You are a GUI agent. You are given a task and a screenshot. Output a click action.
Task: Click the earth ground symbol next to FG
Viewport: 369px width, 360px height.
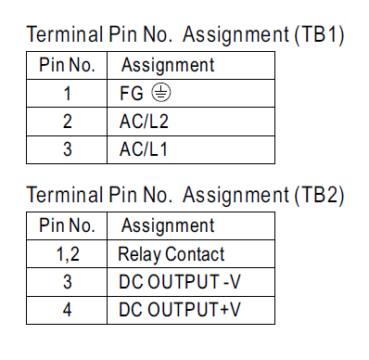(161, 93)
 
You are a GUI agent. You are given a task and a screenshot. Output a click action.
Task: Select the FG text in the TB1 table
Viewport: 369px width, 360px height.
(132, 93)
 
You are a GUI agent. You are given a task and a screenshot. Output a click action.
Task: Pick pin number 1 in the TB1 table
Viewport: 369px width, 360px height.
(67, 94)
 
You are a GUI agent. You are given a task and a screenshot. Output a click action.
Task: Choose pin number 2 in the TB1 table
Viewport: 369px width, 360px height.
(67, 122)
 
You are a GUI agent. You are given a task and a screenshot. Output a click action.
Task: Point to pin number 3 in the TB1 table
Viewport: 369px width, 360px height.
(67, 149)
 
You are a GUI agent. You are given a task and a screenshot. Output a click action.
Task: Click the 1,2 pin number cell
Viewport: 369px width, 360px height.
(68, 254)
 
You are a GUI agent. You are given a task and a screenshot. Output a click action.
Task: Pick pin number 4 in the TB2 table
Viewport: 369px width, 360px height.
(67, 310)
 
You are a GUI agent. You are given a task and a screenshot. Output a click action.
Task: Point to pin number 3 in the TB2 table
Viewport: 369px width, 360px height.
(67, 282)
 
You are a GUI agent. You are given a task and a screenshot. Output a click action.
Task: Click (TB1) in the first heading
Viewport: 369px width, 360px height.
(320, 34)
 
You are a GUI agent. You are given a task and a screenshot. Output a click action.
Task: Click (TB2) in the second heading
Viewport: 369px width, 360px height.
(320, 195)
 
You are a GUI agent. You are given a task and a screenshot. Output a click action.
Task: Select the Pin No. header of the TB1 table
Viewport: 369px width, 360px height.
(67, 65)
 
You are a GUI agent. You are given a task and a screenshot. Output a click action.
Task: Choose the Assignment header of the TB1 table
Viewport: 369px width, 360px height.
(168, 66)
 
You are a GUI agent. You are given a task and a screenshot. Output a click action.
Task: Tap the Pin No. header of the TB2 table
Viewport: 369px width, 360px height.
(67, 225)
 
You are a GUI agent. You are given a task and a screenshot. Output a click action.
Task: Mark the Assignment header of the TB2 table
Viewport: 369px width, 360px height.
(168, 225)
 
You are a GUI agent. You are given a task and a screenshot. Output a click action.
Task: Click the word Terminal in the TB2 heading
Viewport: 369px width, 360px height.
(65, 195)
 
